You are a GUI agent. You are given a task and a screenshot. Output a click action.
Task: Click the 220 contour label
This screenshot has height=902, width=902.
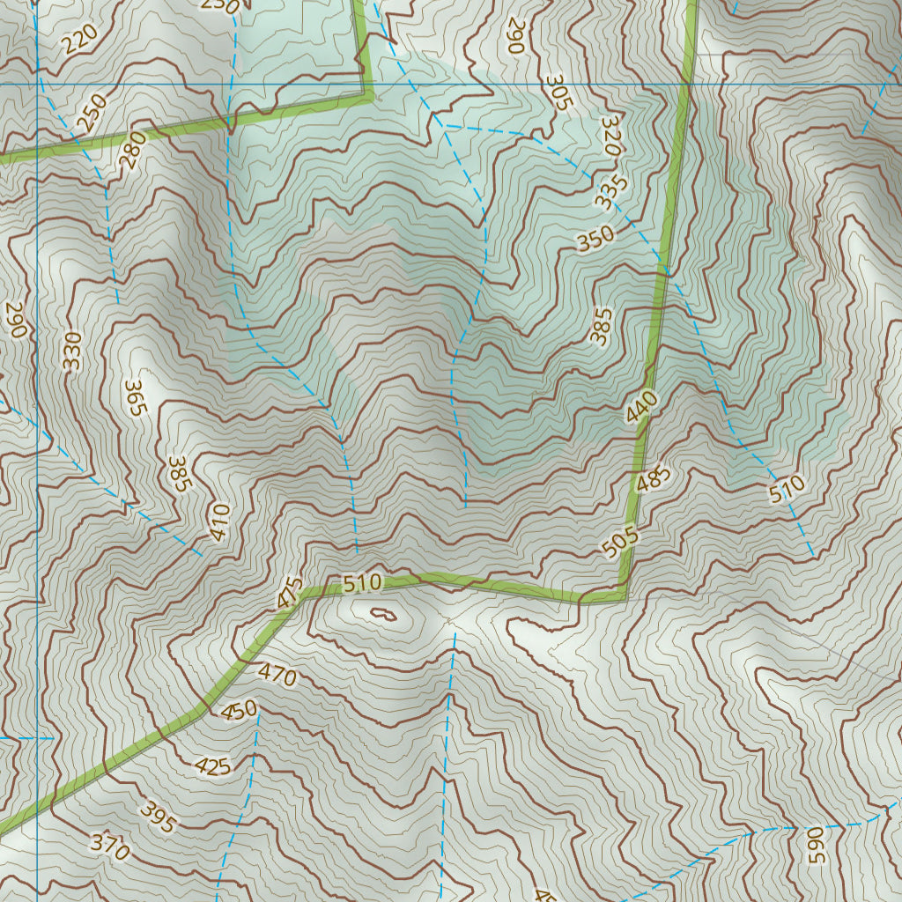coord(80,39)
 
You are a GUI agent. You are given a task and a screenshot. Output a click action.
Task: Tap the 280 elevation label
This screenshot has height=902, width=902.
coord(132,150)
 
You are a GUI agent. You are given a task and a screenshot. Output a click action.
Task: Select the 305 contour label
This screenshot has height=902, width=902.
coord(558,92)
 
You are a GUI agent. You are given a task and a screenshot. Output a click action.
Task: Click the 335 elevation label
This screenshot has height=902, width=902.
coord(610,193)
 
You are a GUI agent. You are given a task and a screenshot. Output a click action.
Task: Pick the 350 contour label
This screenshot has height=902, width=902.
coord(595,240)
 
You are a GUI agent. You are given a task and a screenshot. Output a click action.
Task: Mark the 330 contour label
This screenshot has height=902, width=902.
coord(71,350)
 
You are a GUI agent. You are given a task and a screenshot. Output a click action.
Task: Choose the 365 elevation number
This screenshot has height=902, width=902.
coord(134,398)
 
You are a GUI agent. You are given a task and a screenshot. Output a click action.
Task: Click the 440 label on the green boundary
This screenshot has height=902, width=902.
coord(642,407)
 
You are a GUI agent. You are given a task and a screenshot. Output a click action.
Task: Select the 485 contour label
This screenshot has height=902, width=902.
coord(653,481)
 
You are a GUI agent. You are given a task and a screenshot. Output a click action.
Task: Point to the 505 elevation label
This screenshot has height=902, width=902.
coord(620,542)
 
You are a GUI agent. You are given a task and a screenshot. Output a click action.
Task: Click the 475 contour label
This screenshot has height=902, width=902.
coord(290,592)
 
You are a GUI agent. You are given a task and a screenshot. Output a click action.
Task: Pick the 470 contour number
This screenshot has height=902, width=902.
coord(277,676)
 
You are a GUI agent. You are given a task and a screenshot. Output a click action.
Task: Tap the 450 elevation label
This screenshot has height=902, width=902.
coord(239,709)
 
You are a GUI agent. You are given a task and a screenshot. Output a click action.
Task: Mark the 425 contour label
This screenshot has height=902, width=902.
coord(212,766)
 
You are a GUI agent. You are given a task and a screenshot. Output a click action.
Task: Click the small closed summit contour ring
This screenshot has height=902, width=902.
coord(383,613)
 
